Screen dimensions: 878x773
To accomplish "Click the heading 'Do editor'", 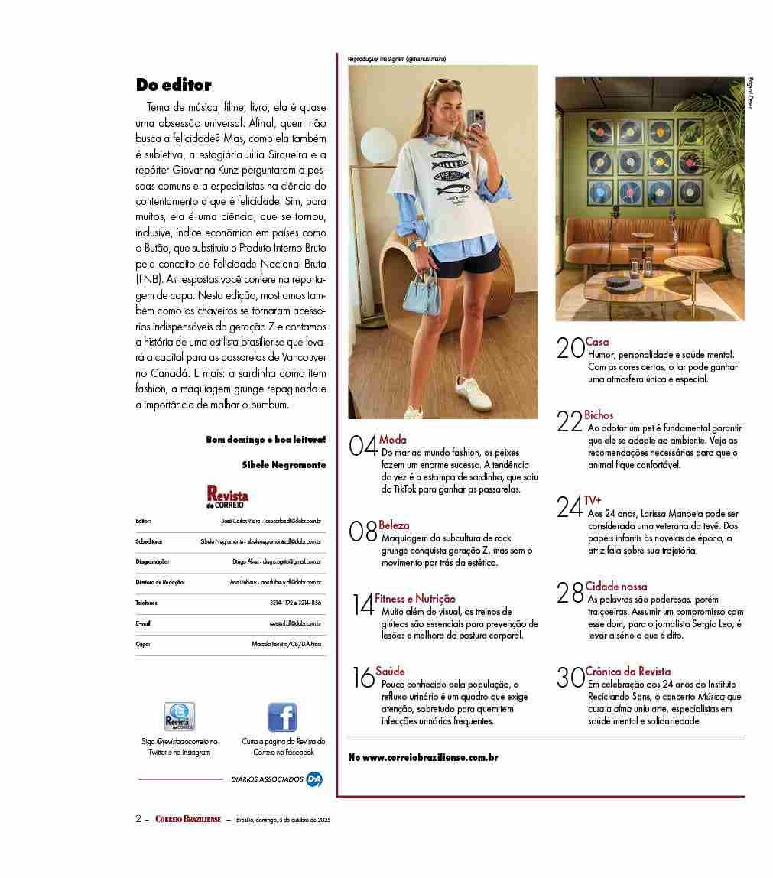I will [x=174, y=85].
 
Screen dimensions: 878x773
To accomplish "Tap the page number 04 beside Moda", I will [x=363, y=445].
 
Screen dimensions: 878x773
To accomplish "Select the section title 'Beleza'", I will [x=394, y=525].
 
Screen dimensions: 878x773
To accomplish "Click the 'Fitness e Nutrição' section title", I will [x=415, y=599].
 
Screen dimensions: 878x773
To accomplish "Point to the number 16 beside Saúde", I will [x=363, y=678].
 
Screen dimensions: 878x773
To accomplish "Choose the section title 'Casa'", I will [x=597, y=342].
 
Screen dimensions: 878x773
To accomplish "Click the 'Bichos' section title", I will [x=599, y=415].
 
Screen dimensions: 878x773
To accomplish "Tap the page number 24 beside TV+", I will [x=570, y=506].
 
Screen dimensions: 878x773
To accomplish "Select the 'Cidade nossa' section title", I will [x=616, y=587].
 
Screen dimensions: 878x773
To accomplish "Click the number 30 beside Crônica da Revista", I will [x=570, y=678].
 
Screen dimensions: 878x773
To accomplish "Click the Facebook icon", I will [x=282, y=717].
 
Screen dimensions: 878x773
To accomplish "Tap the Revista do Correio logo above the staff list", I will [x=227, y=496].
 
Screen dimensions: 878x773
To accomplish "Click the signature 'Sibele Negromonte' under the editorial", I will [x=284, y=464].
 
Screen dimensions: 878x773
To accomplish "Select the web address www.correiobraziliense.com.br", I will [x=423, y=757].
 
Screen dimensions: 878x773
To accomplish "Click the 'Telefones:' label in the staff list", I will [x=148, y=603].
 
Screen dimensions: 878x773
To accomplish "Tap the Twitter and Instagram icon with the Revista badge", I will [x=180, y=717].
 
